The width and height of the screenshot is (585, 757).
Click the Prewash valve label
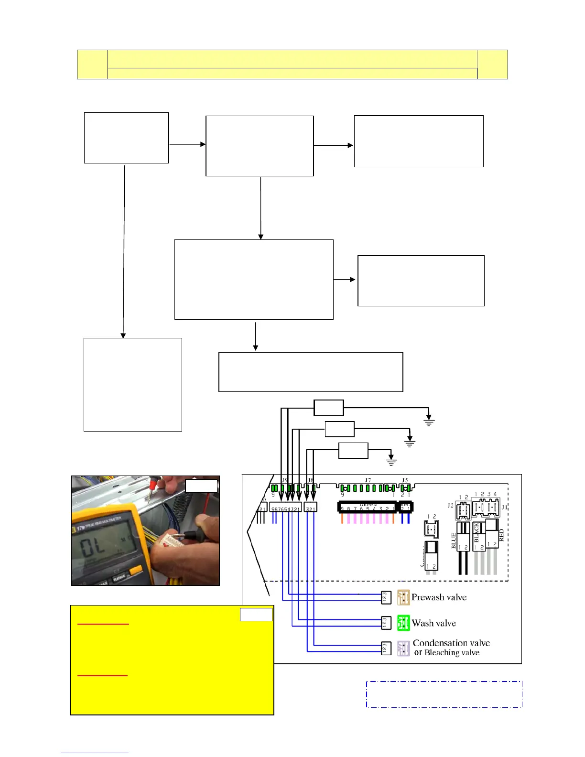click(x=439, y=597)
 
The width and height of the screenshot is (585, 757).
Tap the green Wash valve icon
click(x=403, y=623)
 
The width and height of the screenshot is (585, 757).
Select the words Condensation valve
click(x=451, y=643)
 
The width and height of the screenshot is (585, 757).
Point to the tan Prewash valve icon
click(x=403, y=597)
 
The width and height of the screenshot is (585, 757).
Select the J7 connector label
click(x=368, y=480)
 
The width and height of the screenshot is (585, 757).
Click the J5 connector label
click(x=405, y=480)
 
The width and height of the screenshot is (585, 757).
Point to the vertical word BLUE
click(x=454, y=541)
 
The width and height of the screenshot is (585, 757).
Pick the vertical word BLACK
click(x=476, y=532)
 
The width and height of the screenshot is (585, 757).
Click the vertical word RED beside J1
click(x=501, y=535)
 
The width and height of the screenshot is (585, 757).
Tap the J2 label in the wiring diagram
click(x=450, y=505)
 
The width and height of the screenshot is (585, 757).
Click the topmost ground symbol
click(x=429, y=422)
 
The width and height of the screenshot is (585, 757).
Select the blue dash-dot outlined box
click(x=444, y=694)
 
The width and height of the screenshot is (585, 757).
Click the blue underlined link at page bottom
click(x=94, y=753)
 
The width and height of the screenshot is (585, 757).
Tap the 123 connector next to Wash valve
click(x=386, y=623)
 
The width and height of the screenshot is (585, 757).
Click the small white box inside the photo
click(x=201, y=486)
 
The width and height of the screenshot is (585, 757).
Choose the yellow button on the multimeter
click(x=135, y=570)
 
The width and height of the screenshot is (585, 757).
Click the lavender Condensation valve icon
click(x=403, y=649)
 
